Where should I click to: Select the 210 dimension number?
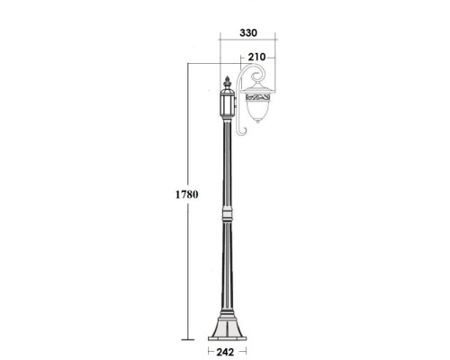[256, 58]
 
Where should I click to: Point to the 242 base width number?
[224, 352]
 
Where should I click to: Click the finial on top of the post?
[227, 83]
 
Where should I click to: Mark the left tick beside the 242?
[208, 352]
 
